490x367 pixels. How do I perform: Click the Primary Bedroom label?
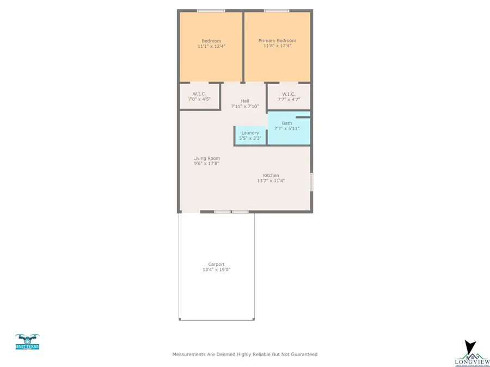pos(277,41)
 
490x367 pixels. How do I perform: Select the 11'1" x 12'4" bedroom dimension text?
pos(211,47)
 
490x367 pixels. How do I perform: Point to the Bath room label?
pos(287,123)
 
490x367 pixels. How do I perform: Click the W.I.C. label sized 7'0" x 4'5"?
pos(199,94)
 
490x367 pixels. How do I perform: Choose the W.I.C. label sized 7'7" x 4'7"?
pos(289,94)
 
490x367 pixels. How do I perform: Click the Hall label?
pos(245,101)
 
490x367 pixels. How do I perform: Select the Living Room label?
pos(206,158)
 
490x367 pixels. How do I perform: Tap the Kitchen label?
pos(271,175)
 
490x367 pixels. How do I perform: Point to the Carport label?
pos(216,264)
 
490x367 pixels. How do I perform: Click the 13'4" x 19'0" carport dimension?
pos(216,270)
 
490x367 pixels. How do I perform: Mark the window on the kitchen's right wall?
pos(311,182)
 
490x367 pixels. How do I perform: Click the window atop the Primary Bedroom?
pos(277,10)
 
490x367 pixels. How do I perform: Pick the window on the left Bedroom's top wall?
pos(211,10)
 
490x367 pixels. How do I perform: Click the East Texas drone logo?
pos(27,342)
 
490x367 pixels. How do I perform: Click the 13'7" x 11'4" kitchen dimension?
pos(271,181)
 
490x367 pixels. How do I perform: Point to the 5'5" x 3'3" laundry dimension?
pos(250,139)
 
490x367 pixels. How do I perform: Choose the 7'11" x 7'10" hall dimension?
pos(245,107)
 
